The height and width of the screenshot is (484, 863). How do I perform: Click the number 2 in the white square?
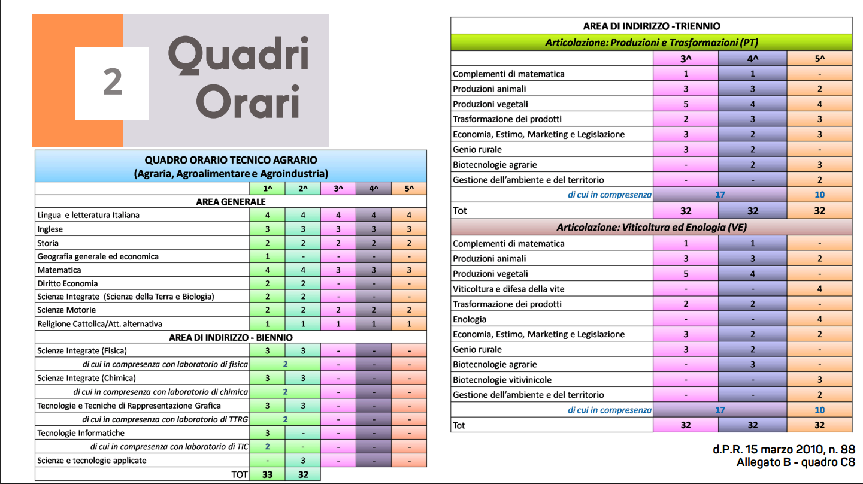click(112, 83)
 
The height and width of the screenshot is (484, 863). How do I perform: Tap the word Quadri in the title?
click(238, 55)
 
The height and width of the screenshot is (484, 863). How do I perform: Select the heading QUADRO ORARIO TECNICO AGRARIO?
click(231, 160)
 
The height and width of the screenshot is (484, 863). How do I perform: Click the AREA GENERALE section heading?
click(231, 202)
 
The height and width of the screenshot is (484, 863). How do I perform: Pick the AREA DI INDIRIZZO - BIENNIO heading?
click(231, 338)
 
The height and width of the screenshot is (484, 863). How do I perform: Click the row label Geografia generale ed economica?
click(98, 256)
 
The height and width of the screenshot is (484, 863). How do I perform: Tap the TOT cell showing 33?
click(268, 474)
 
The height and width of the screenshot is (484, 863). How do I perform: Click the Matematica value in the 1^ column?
click(268, 270)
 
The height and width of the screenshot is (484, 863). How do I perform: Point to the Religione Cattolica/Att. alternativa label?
click(99, 324)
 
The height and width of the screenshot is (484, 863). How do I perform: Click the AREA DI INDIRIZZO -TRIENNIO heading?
click(651, 26)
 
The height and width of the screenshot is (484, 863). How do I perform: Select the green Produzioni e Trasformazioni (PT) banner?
click(651, 43)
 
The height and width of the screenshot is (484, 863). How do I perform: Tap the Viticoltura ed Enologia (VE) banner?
click(651, 228)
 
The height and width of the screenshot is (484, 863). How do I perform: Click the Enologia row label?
click(470, 319)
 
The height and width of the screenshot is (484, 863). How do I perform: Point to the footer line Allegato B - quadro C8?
click(796, 462)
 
